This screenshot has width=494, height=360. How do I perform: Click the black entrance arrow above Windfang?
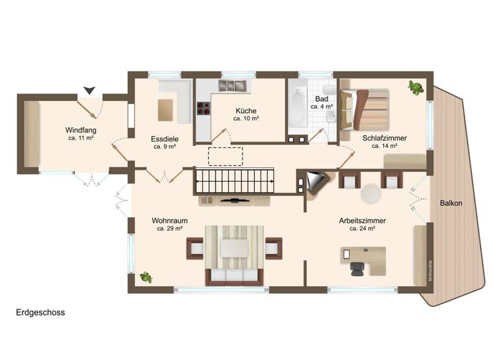[x=89, y=91]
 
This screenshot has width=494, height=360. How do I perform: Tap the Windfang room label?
[x=81, y=129]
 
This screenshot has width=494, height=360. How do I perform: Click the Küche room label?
[x=246, y=111]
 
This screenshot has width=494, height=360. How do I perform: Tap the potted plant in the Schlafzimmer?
[x=416, y=87]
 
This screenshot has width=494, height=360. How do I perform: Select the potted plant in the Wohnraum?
[x=146, y=277]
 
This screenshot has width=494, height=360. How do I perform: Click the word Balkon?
[x=451, y=203]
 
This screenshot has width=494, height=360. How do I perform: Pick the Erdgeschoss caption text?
[x=41, y=313]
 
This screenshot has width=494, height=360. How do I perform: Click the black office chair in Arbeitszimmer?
[x=357, y=269]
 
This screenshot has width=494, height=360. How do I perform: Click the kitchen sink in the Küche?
[x=235, y=85]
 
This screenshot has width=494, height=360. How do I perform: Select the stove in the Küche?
[x=203, y=108]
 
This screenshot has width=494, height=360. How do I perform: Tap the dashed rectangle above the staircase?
[x=225, y=156]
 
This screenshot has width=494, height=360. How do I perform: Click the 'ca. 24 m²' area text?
[x=362, y=228]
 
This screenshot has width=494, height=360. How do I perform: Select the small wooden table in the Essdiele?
[x=166, y=109]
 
